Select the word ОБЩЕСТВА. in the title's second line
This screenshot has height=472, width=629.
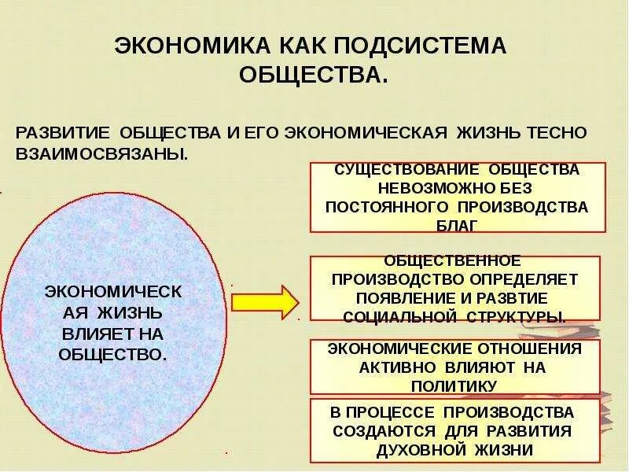click(x=314, y=76)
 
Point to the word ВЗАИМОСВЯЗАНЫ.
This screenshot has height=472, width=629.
click(x=102, y=153)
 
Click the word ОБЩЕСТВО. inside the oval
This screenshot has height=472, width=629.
click(x=114, y=354)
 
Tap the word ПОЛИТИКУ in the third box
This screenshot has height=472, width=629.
click(x=455, y=385)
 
